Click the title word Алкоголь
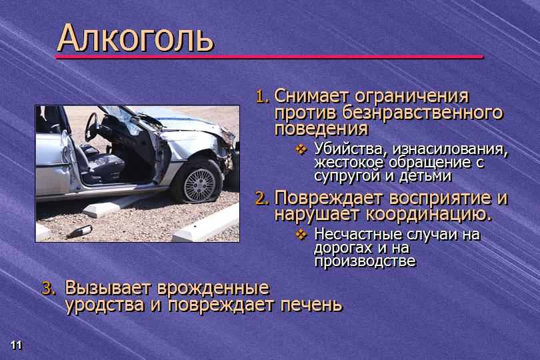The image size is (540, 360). pyautogui.click(x=135, y=38)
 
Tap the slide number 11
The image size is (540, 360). pyautogui.click(x=16, y=345)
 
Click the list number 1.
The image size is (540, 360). pyautogui.click(x=263, y=97)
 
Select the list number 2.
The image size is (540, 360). pyautogui.click(x=262, y=199)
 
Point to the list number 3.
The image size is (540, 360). pyautogui.click(x=49, y=289)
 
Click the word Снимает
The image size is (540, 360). pyautogui.click(x=312, y=96)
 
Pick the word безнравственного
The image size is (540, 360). pyautogui.click(x=423, y=112)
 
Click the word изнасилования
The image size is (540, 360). pyautogui.click(x=450, y=149)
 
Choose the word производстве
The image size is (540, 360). pyautogui.click(x=365, y=261)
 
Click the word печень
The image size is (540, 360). pyautogui.click(x=311, y=305)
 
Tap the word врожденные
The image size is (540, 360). pyautogui.click(x=213, y=288)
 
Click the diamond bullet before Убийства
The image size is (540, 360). pyautogui.click(x=301, y=149)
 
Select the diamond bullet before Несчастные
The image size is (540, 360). pyautogui.click(x=301, y=234)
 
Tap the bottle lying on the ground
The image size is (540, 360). pyautogui.click(x=79, y=231)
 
